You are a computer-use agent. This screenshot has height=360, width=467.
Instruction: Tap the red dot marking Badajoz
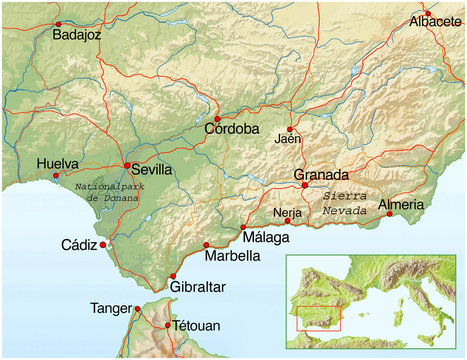click(x=58, y=22)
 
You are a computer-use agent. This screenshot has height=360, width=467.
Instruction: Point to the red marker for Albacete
click(x=427, y=14)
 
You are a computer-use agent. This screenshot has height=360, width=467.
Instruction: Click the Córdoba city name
click(x=232, y=130)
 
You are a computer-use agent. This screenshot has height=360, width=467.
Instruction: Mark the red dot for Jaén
click(x=290, y=129)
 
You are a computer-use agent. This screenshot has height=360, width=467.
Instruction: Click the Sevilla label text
click(x=151, y=170)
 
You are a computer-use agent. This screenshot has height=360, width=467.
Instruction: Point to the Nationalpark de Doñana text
click(x=110, y=191)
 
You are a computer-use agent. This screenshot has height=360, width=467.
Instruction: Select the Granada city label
click(x=322, y=173)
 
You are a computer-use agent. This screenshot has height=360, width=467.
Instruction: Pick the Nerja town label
click(x=286, y=212)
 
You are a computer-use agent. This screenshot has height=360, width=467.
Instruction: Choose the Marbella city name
click(x=232, y=256)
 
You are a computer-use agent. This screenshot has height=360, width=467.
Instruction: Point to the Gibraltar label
click(x=198, y=288)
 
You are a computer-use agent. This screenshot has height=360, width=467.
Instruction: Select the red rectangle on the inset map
click(x=319, y=318)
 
